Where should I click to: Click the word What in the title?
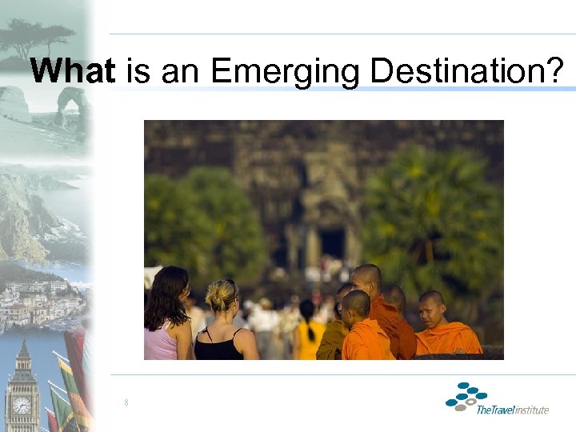[73, 71]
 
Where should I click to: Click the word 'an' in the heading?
[182, 73]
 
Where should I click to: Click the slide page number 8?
[126, 402]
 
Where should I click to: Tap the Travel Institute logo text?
[512, 410]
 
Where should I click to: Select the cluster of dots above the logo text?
[466, 395]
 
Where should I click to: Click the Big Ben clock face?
[22, 405]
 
